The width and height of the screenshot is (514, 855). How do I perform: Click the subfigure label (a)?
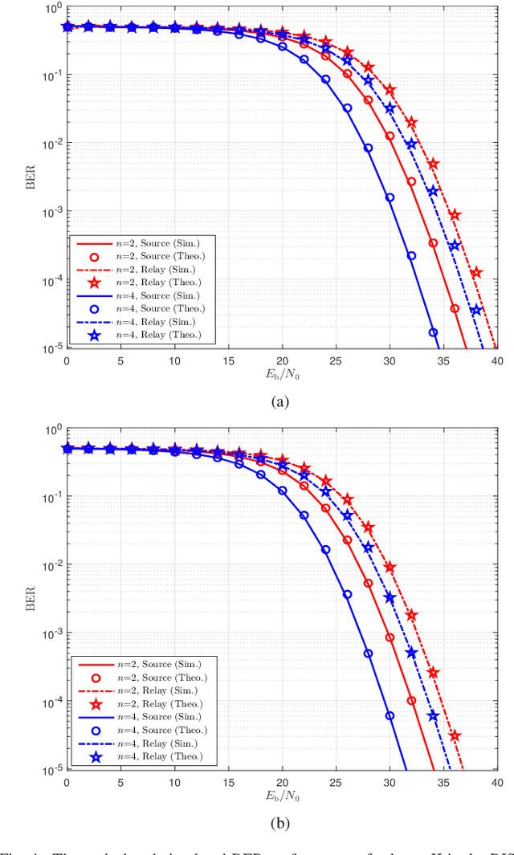(x=280, y=402)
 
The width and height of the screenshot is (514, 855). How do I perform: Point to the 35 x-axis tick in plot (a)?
(x=443, y=360)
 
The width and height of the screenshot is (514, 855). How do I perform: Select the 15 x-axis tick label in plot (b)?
(x=228, y=782)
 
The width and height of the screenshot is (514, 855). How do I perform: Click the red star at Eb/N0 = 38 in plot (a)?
(x=476, y=273)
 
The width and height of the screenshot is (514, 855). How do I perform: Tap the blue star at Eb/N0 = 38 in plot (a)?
(x=476, y=310)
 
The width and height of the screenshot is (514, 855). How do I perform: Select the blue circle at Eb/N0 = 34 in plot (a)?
(x=433, y=332)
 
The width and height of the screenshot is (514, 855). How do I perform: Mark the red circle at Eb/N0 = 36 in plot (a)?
(x=455, y=308)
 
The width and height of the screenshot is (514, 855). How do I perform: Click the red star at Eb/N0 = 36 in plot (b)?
(x=455, y=735)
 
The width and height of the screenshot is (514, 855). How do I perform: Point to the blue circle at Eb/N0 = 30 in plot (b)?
(x=390, y=715)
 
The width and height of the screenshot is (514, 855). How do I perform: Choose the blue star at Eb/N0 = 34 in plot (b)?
(x=433, y=715)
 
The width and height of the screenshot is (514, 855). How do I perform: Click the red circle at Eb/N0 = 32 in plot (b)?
(x=411, y=700)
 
